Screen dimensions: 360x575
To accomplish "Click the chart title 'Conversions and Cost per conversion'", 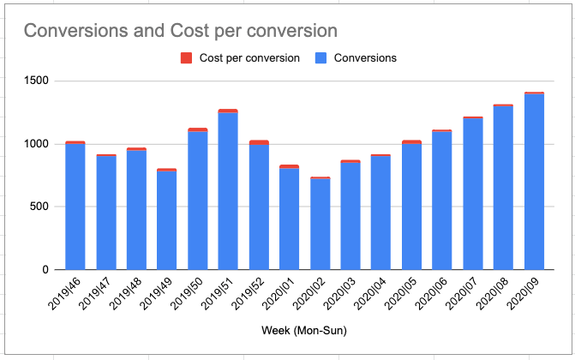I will [181, 30].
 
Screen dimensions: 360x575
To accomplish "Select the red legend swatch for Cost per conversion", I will [186, 58].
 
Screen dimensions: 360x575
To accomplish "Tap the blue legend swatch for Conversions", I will [321, 58].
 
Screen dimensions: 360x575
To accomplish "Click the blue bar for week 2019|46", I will [75, 206].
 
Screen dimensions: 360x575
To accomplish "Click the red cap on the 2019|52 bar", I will [259, 142].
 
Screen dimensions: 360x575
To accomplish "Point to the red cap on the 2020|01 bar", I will [289, 166].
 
